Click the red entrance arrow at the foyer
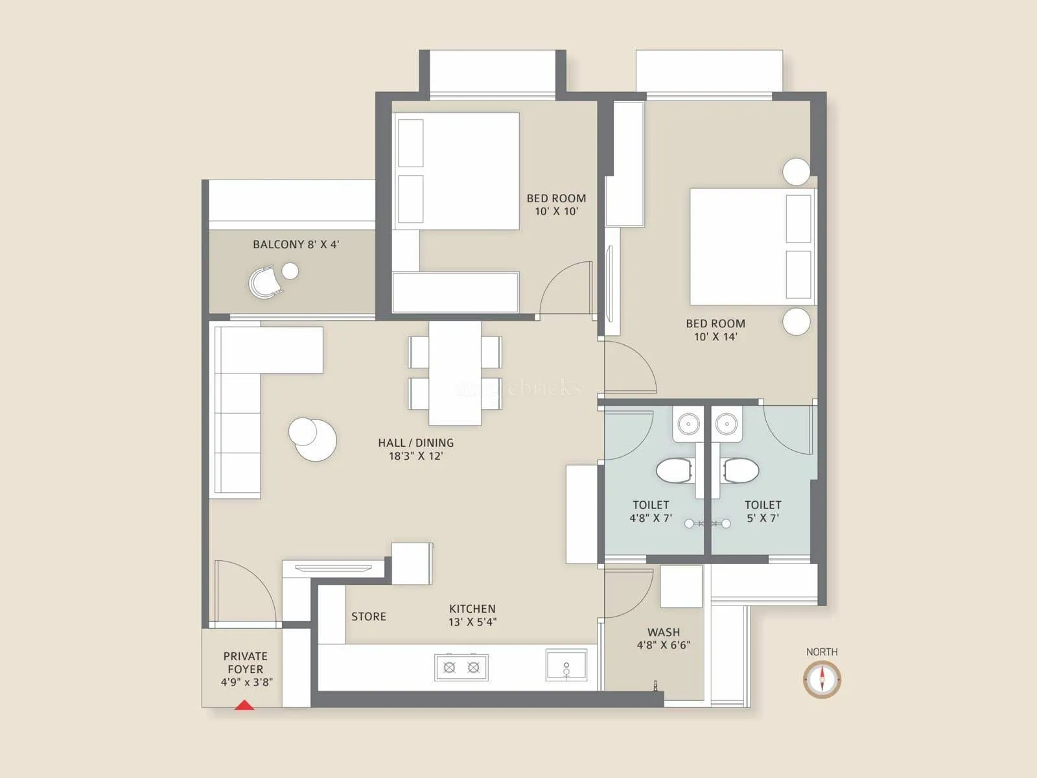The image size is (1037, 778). (244, 705)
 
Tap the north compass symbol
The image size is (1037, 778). (822, 679)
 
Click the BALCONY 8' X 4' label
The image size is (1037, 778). (296, 244)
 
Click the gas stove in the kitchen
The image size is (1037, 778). (461, 667)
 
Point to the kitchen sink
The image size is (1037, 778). (566, 665)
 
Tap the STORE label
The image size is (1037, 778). (368, 617)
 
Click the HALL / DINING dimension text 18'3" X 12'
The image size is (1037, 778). (415, 456)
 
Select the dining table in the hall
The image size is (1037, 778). (455, 373)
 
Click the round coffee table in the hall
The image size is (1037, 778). (312, 439)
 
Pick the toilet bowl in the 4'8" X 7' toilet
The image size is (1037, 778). (675, 471)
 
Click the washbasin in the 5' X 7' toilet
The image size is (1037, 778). (727, 425)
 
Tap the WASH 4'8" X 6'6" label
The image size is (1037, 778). (663, 638)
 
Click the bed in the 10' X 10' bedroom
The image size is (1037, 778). (456, 171)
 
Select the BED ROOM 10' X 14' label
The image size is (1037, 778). (716, 329)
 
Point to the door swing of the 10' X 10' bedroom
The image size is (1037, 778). (566, 289)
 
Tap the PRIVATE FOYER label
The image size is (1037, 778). (246, 668)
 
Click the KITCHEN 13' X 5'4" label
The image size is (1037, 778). (472, 615)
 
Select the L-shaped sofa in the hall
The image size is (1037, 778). (237, 415)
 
